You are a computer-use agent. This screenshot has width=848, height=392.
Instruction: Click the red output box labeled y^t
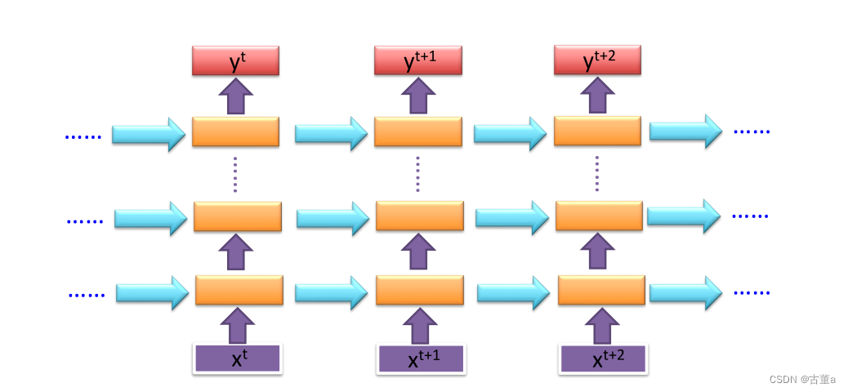(x=235, y=60)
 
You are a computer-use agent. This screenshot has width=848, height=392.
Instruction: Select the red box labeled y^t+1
(x=417, y=60)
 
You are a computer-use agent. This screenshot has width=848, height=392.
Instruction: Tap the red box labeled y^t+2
(x=597, y=60)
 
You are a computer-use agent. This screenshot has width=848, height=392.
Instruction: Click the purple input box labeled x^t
(x=237, y=359)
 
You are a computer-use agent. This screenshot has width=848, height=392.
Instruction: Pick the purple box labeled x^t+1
(x=420, y=359)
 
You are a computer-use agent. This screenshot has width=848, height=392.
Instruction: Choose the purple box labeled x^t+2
(x=603, y=359)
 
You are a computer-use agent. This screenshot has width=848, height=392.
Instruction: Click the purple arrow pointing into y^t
(x=235, y=96)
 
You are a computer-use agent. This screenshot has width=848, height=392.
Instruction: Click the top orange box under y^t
(x=235, y=131)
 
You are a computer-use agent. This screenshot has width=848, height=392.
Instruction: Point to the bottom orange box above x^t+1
(x=419, y=290)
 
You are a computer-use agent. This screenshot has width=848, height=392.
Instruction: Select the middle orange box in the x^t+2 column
(x=599, y=216)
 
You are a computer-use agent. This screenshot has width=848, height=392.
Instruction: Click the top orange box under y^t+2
(x=597, y=131)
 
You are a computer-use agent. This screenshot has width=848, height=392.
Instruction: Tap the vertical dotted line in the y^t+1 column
(x=417, y=174)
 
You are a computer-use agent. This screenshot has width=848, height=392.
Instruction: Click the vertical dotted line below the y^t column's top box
(x=235, y=174)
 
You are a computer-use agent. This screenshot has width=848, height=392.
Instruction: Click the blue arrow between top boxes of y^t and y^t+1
(x=331, y=133)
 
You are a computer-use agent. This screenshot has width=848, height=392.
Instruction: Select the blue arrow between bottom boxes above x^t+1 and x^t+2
(x=512, y=292)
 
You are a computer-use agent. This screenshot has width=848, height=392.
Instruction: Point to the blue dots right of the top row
(x=752, y=131)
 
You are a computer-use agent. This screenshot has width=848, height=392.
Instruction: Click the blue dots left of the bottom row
(x=87, y=295)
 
